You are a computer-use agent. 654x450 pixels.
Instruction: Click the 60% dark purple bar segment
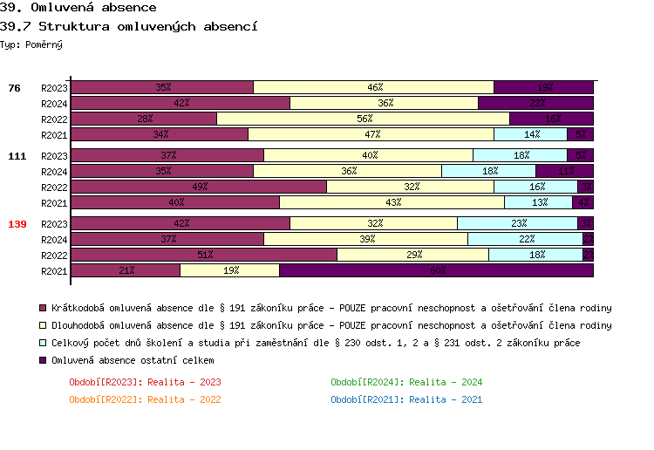436,270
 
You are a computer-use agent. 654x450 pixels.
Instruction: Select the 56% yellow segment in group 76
363,119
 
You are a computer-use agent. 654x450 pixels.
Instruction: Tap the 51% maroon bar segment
204,255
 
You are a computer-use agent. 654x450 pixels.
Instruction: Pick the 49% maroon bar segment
199,187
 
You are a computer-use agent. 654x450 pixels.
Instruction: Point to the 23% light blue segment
517,223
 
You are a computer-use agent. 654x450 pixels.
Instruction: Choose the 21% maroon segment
126,270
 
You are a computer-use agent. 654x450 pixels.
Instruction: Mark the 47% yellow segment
371,134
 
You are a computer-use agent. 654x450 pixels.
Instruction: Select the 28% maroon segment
144,119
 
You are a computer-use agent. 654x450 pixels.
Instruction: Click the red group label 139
17,224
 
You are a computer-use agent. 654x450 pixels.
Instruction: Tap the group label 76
14,88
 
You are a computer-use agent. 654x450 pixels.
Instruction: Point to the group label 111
17,156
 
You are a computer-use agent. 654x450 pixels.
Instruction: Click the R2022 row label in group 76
54,119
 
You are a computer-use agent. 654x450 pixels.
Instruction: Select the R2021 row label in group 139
54,271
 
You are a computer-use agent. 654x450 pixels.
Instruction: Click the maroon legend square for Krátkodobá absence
43,308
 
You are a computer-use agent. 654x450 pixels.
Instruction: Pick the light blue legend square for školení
43,343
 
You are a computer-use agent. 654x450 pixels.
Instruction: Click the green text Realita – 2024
406,382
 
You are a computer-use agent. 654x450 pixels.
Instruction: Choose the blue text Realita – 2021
406,399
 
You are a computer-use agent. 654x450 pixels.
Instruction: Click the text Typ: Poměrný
31,44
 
